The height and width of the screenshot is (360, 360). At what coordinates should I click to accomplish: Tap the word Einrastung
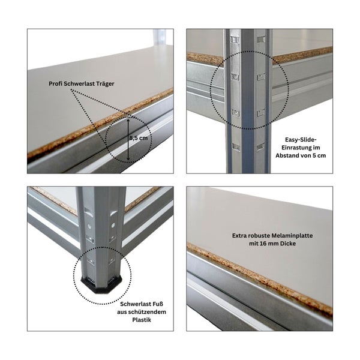point(298,148)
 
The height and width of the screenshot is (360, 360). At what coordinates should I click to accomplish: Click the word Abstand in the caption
point(292,156)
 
